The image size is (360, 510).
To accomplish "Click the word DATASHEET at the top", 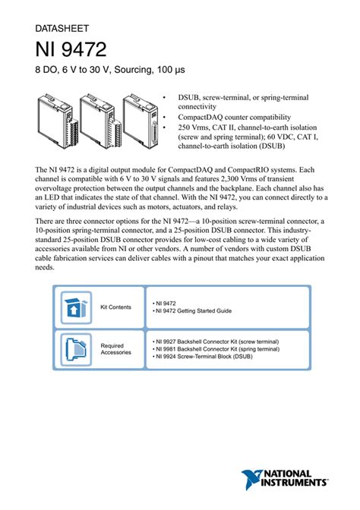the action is [x=62, y=29].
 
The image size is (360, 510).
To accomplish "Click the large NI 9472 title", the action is [x=71, y=49].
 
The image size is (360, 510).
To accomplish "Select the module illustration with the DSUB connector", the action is [x=141, y=121].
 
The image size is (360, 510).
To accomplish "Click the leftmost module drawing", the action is [x=56, y=121].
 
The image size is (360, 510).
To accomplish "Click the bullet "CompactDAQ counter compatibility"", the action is [x=235, y=117].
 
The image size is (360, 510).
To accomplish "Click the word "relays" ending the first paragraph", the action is [x=227, y=207].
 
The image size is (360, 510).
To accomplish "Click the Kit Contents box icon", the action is [x=76, y=307].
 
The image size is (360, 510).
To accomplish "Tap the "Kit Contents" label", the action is [x=115, y=307].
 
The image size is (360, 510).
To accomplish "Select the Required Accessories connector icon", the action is [x=76, y=350].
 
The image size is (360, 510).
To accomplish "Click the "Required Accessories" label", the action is [x=116, y=349].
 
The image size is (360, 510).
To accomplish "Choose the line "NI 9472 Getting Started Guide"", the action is [x=192, y=311].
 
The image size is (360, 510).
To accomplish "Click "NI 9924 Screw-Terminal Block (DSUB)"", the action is [x=203, y=357].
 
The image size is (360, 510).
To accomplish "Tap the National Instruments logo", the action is [x=284, y=480].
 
